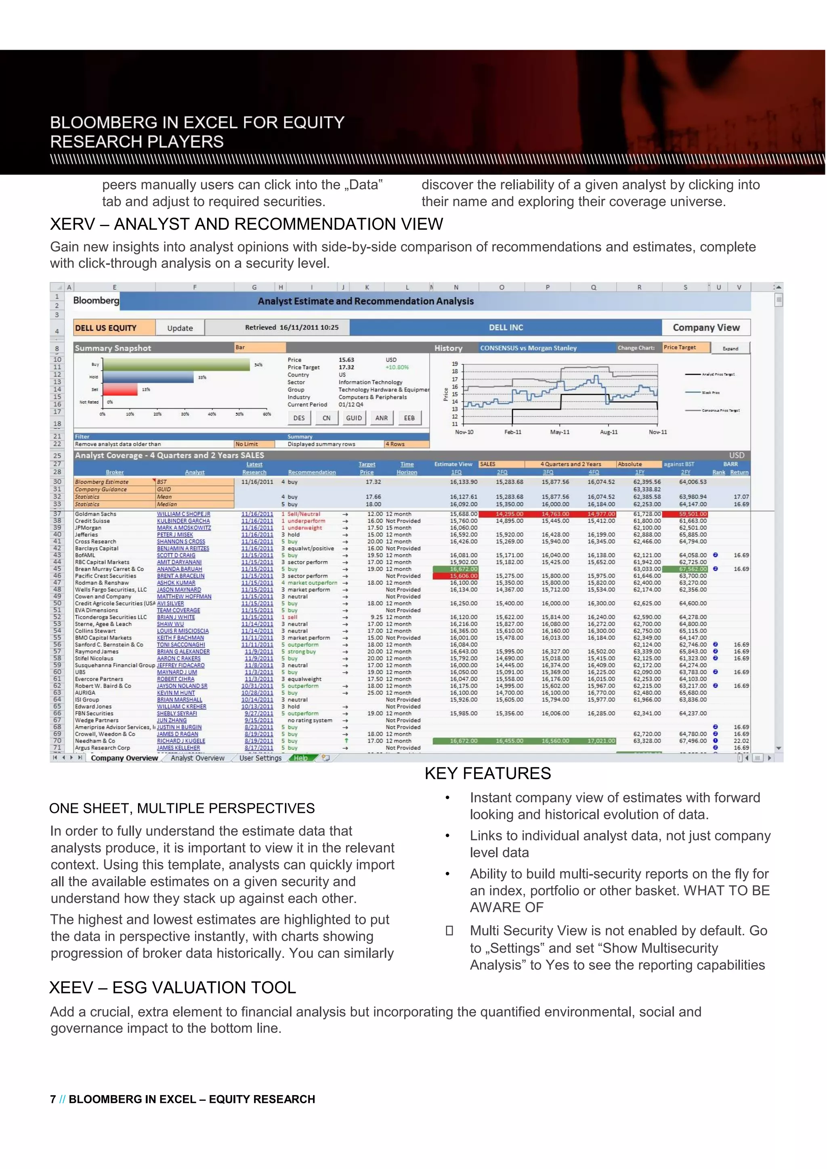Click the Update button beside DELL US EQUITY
pos(180,328)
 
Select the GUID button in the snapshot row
pos(354,418)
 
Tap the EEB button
pos(409,418)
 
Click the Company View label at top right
pos(706,327)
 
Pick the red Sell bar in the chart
pos(120,390)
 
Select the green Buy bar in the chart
pos(176,365)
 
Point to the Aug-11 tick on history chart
pos(609,432)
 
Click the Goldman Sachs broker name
pos(95,514)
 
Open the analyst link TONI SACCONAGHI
pos(181,645)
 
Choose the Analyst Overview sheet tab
pos(197,758)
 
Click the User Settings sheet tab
pos(260,758)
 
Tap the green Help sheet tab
pos(300,758)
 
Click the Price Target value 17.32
pos(346,367)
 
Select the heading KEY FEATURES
pos(487,773)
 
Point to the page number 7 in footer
pos(53,1099)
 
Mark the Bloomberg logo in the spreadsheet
pos(96,300)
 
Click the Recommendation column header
pos(312,473)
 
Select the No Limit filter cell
pos(247,444)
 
